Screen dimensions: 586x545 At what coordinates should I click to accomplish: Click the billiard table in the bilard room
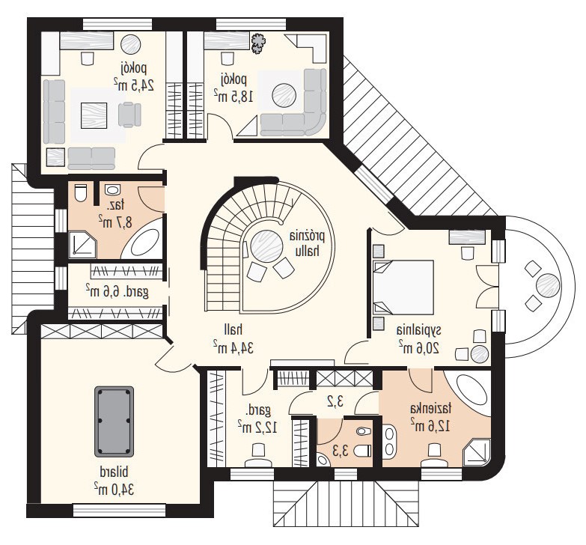pyautogui.click(x=114, y=421)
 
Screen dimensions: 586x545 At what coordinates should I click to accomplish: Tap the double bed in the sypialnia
pyautogui.click(x=403, y=287)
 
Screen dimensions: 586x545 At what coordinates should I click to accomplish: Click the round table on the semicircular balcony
pyautogui.click(x=548, y=286)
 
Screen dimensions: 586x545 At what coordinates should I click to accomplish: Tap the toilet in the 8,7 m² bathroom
pyautogui.click(x=80, y=192)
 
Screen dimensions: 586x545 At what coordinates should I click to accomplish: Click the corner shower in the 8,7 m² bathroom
pyautogui.click(x=82, y=245)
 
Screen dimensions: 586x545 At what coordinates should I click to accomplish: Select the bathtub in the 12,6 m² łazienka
pyautogui.click(x=471, y=393)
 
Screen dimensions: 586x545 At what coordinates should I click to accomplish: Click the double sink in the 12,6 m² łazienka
pyautogui.click(x=390, y=441)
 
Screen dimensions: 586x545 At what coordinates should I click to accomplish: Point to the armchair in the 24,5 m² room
pyautogui.click(x=129, y=115)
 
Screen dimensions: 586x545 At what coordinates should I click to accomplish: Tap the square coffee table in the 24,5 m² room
pyautogui.click(x=94, y=115)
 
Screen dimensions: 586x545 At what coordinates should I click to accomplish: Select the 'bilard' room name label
pyautogui.click(x=114, y=472)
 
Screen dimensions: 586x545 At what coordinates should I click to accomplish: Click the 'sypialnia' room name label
pyautogui.click(x=418, y=330)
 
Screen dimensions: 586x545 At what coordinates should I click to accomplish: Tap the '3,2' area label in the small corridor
pyautogui.click(x=335, y=402)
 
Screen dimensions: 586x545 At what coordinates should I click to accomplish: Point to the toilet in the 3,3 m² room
pyautogui.click(x=363, y=451)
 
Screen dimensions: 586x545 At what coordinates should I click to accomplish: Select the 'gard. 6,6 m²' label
pyautogui.click(x=117, y=291)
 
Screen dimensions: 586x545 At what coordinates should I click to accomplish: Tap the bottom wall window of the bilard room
pyautogui.click(x=119, y=510)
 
